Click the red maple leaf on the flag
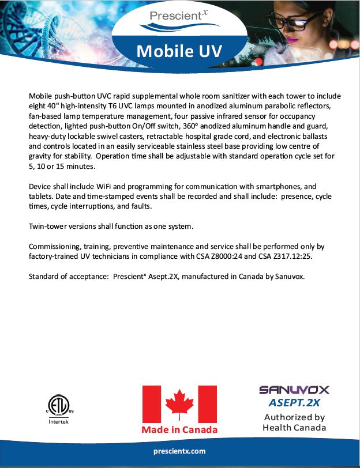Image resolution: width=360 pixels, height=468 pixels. tap(179, 403)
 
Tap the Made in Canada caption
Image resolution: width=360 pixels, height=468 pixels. tap(179, 430)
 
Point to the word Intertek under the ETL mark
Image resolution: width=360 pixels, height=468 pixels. tap(55, 421)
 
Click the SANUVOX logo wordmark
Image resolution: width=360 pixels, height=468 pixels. tap(294, 390)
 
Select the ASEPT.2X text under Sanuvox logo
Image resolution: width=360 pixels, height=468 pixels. tap(294, 402)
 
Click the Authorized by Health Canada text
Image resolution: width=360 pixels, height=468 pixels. tap(294, 422)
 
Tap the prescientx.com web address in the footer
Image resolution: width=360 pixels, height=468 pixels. tap(180, 451)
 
